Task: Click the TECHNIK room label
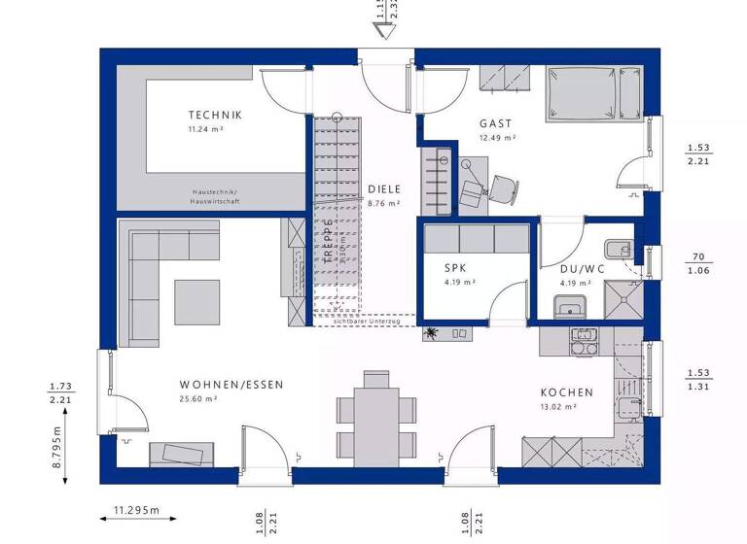215,115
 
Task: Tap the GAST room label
496,124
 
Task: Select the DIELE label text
384,189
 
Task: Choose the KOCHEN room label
567,392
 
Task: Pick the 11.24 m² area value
206,128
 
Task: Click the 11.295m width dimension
136,510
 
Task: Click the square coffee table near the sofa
197,301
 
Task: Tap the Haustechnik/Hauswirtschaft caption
215,196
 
